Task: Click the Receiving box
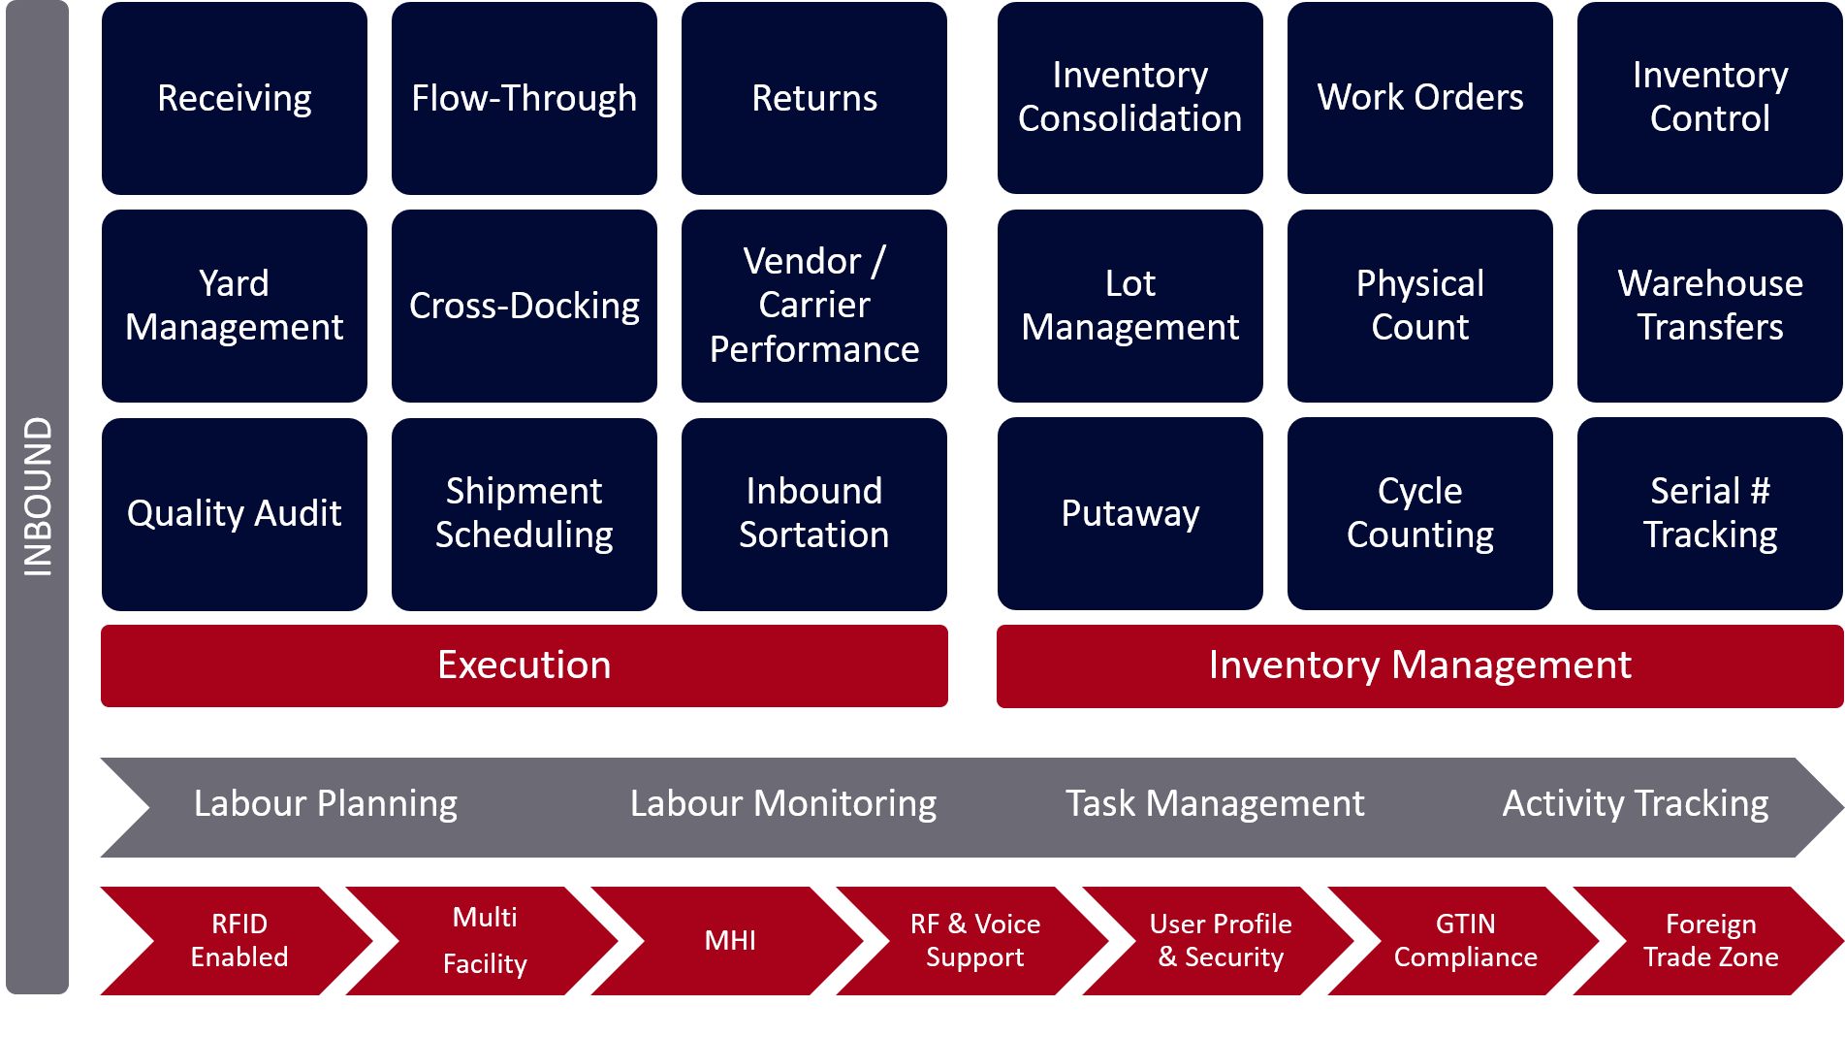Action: point(234,98)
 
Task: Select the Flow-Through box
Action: point(524,98)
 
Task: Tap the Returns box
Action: point(813,98)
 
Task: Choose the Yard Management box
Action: point(234,306)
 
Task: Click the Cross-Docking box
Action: point(524,306)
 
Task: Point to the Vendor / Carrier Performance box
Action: point(813,306)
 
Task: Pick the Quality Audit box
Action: point(234,513)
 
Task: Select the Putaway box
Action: point(1129,513)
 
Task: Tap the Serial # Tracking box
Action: point(1709,513)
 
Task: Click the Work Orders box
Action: point(1419,98)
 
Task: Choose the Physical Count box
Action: point(1419,306)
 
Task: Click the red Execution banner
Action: point(524,665)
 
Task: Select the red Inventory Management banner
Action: point(1419,665)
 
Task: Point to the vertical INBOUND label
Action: point(37,497)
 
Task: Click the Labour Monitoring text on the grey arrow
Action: point(782,804)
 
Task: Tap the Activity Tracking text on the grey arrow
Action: point(1635,804)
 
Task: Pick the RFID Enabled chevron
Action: point(239,940)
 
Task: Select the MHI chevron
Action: point(729,940)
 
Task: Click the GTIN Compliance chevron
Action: point(1465,940)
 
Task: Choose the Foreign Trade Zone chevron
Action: point(1710,940)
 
